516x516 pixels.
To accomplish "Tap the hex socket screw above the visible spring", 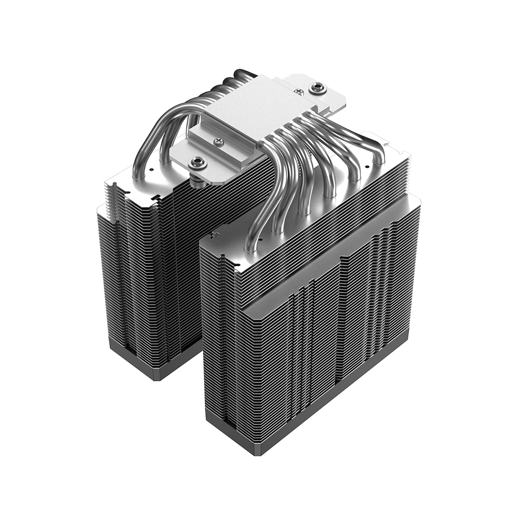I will [x=197, y=163].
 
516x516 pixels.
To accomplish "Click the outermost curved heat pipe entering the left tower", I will [x=142, y=150].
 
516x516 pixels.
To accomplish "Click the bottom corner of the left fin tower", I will [x=155, y=379].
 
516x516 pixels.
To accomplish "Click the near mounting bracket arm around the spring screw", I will [x=186, y=155].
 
